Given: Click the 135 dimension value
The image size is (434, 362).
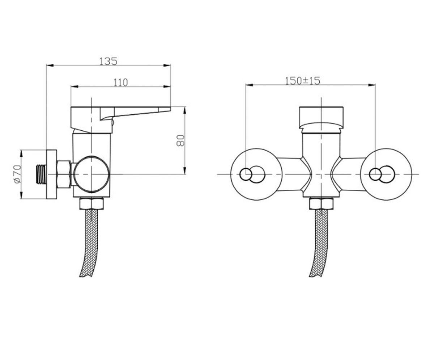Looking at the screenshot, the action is point(108,61).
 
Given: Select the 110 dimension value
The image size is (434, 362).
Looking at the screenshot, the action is point(120,83).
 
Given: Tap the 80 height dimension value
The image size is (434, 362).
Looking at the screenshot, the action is point(180,141).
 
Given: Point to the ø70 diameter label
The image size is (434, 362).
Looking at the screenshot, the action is point(17,174).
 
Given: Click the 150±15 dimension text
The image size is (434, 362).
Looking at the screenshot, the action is point(302,81).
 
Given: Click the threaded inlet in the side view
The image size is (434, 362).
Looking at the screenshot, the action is point(41,174).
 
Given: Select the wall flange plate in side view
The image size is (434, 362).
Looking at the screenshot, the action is point(51,174).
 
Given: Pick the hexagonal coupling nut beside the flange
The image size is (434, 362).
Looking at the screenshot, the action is point(64,174).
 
